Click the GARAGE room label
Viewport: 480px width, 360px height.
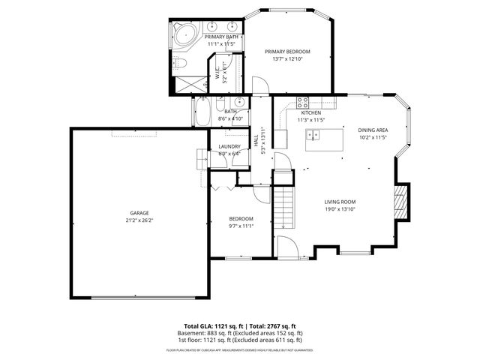(x=139, y=212)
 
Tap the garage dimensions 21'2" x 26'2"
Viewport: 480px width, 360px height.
(x=139, y=220)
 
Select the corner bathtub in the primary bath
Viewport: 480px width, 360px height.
(x=184, y=34)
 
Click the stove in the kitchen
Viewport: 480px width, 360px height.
(x=304, y=102)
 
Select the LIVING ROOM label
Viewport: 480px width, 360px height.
(x=340, y=202)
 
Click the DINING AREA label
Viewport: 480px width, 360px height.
(x=372, y=130)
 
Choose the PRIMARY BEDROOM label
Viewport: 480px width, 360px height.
(x=287, y=52)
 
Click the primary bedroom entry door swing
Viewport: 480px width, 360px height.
(x=257, y=86)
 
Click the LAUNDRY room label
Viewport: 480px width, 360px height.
(x=229, y=146)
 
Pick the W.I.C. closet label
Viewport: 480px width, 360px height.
(x=217, y=72)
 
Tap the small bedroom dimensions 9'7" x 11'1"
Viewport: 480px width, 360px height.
(x=241, y=226)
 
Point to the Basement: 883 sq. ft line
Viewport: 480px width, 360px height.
(x=240, y=333)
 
